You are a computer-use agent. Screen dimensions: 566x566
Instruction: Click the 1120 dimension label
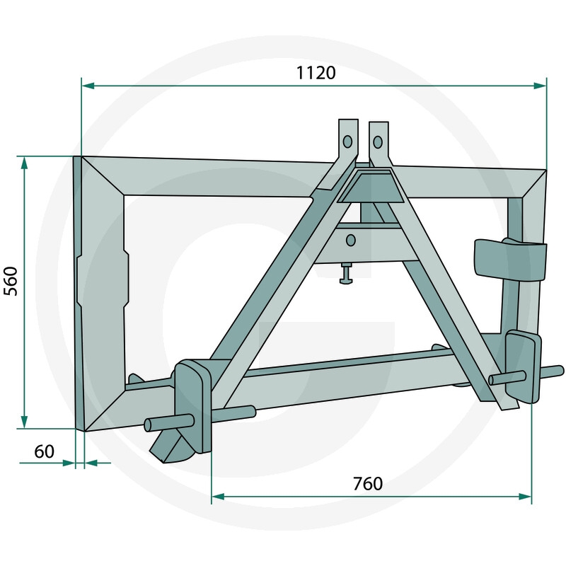click(316, 73)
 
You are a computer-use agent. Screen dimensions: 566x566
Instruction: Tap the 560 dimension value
click(11, 281)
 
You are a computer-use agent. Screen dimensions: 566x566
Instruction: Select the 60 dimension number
click(44, 451)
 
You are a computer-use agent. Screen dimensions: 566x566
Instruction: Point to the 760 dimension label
click(368, 484)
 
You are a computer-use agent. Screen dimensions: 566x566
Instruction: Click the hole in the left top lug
click(347, 141)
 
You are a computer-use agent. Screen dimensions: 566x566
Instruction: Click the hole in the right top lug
click(378, 142)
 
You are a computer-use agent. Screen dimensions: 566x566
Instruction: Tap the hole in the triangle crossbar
click(350, 241)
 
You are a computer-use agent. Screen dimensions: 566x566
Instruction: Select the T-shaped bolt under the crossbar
click(347, 273)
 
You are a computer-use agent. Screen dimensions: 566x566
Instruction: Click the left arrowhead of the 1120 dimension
click(88, 86)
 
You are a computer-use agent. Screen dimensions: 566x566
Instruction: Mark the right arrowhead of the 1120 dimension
click(540, 86)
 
